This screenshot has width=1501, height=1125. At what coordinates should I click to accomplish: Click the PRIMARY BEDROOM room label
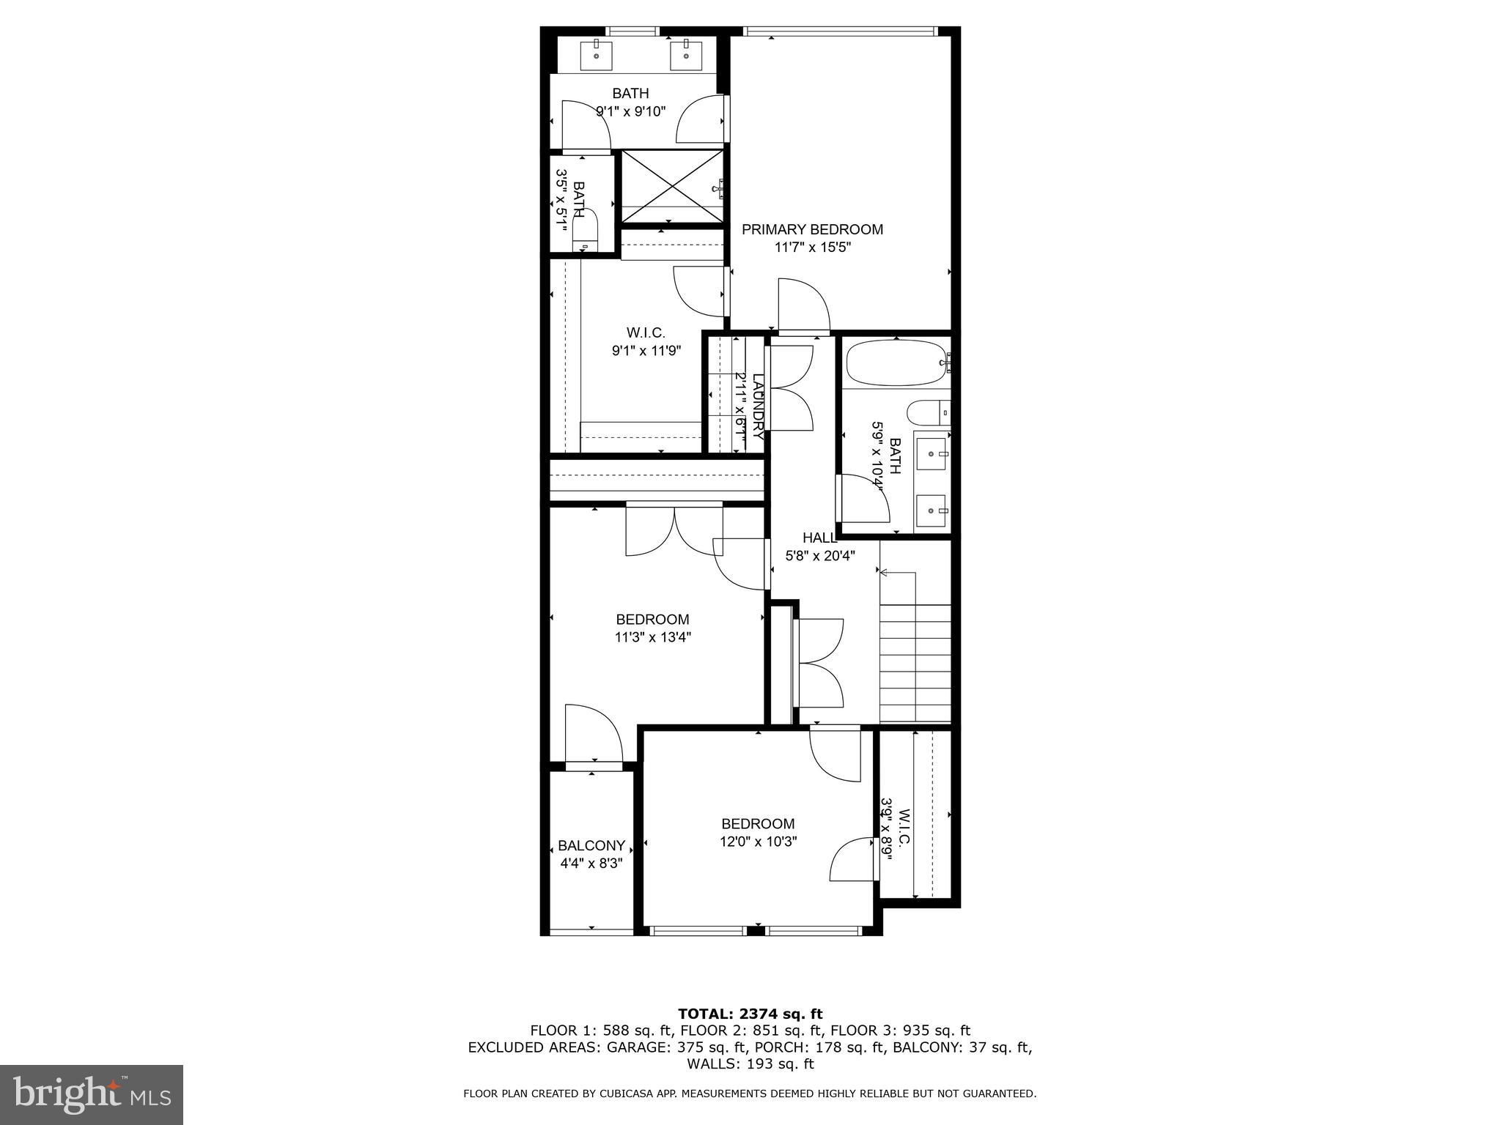(x=812, y=229)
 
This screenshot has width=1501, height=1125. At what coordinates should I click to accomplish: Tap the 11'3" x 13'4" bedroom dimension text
(x=652, y=637)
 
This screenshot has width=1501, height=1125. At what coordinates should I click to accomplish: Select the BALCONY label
(x=591, y=845)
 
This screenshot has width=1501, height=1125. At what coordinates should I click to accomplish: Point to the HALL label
(x=819, y=538)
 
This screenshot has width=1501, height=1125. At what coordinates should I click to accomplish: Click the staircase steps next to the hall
(x=915, y=663)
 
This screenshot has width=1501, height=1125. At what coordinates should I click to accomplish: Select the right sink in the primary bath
(x=686, y=54)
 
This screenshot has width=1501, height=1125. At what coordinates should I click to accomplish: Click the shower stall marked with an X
(x=672, y=186)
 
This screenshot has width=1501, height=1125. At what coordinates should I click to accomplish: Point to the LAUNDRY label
(x=759, y=406)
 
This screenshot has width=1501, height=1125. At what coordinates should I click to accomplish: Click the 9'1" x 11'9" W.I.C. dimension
(x=646, y=351)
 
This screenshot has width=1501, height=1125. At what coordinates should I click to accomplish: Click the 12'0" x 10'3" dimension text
(x=758, y=842)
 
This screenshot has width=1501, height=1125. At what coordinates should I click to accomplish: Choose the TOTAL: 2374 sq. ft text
(x=750, y=1014)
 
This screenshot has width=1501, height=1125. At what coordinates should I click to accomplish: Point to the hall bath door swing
(x=863, y=498)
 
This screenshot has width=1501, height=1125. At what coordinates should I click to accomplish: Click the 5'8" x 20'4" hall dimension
(x=820, y=556)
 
